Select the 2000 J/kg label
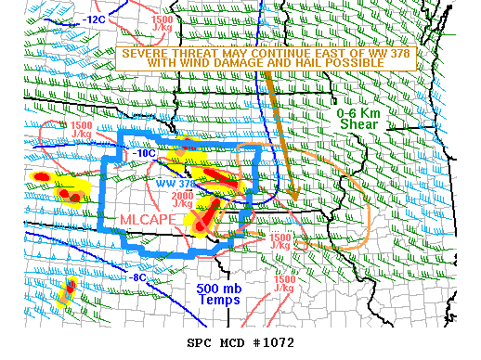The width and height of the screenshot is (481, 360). [183, 199]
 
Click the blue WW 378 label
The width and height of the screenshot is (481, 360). [175, 184]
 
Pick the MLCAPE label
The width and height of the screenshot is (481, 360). [149, 218]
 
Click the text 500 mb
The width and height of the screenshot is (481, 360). [219, 288]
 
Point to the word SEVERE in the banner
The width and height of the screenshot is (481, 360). [148, 53]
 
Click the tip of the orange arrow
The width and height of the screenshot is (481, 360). [293, 197]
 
